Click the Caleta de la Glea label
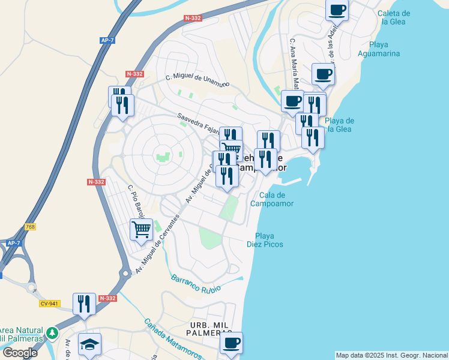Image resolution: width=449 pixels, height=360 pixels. pyautogui.click(x=394, y=17)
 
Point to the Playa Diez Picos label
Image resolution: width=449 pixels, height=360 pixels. pyautogui.click(x=265, y=240)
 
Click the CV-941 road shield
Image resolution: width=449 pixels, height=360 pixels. pyautogui.click(x=49, y=304)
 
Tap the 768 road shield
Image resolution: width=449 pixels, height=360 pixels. pyautogui.click(x=30, y=227)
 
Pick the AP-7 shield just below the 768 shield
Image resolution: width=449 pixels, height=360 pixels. pyautogui.click(x=14, y=243)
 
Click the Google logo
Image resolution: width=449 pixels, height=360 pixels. pyautogui.click(x=20, y=353)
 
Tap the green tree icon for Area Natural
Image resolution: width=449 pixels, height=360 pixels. pyautogui.click(x=53, y=332)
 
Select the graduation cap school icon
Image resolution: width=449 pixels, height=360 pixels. pyautogui.click(x=89, y=344)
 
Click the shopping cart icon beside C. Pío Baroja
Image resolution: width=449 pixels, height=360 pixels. pyautogui.click(x=142, y=229)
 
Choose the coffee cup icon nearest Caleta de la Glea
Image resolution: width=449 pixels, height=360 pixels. pyautogui.click(x=337, y=10)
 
